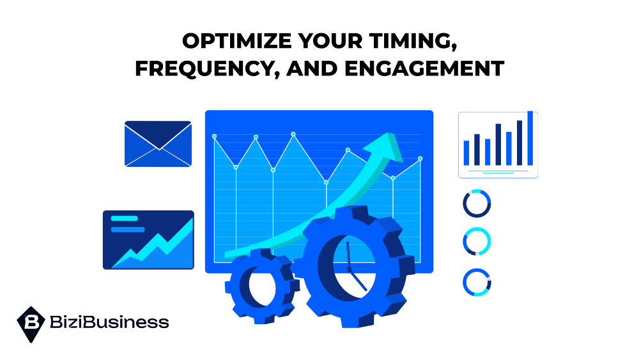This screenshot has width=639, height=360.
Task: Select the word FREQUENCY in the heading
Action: (x=207, y=68)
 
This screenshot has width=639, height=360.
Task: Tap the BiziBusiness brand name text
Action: (x=109, y=322)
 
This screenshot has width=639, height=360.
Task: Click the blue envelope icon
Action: (x=158, y=144)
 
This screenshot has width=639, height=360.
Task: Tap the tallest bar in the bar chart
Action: (x=530, y=138)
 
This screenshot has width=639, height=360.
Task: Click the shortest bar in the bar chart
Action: (x=466, y=153)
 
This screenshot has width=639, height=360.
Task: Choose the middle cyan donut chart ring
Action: (x=477, y=242)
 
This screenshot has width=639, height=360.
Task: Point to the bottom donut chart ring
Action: (x=477, y=282)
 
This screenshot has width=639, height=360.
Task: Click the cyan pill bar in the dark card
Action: (x=124, y=219)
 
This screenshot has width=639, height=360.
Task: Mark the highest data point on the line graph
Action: (x=293, y=134)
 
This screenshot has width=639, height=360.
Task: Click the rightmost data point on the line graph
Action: (x=420, y=159)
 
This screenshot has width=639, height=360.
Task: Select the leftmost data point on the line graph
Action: (x=215, y=136)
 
